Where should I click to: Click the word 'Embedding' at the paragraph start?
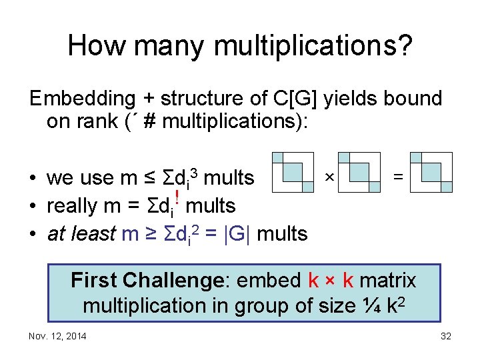coord(83,99)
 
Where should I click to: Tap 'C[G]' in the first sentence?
coord(296,99)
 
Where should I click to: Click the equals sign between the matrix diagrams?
coord(398,177)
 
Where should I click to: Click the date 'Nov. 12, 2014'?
coord(57,336)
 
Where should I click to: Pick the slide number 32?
coord(446,336)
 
